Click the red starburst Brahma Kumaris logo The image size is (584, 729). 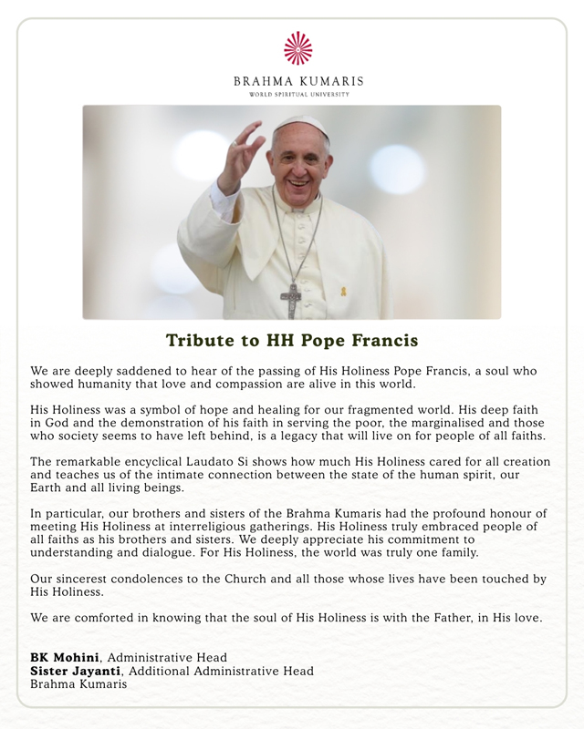(x=298, y=48)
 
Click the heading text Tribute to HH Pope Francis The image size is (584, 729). (x=292, y=341)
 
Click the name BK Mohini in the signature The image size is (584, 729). (x=66, y=657)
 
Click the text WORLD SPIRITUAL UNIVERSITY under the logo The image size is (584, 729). (x=298, y=95)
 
